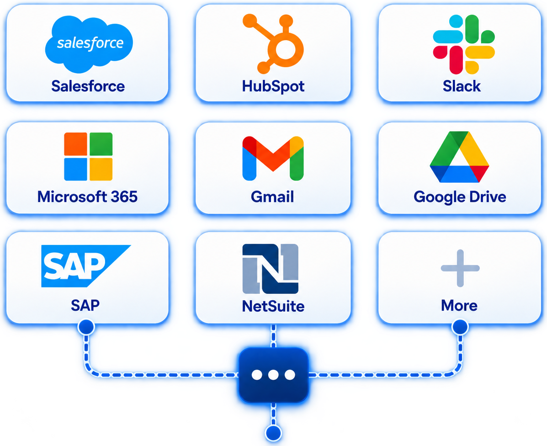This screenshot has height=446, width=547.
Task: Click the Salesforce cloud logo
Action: point(89,44)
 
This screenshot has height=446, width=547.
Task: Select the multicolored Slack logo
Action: point(464,44)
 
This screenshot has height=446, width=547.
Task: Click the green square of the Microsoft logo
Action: point(101,144)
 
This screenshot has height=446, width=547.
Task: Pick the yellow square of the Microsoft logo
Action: point(101,169)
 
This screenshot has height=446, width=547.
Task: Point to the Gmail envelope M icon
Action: point(273,158)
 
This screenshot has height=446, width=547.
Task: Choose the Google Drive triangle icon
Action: point(459,157)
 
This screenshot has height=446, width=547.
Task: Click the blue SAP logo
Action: point(86,266)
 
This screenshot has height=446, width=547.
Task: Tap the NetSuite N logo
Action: point(271,269)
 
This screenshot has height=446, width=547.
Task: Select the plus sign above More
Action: point(460,268)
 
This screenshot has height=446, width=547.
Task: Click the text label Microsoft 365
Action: point(88,196)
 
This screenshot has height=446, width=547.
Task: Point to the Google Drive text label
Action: point(460,197)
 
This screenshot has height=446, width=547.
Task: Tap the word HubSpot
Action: point(273,86)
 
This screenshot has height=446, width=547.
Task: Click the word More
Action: point(459,305)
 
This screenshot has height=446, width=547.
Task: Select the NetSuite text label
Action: point(273,306)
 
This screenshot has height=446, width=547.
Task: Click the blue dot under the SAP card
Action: point(86,327)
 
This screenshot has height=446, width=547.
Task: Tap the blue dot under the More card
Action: point(460,327)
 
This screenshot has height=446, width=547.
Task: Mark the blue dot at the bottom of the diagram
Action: point(273,433)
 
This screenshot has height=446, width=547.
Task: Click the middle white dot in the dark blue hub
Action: point(273,375)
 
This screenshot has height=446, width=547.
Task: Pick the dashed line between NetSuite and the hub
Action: point(273,336)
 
